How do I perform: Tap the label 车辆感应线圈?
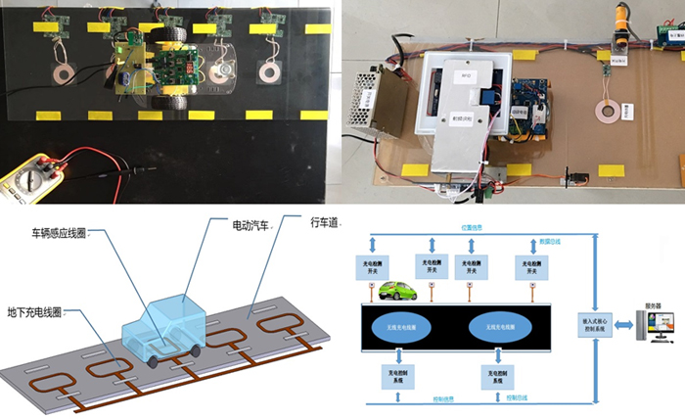pyautogui.click(x=60, y=234)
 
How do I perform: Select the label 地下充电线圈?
pyautogui.click(x=34, y=285)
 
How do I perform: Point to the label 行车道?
pyautogui.click(x=324, y=223)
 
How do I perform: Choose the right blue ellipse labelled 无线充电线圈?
pyautogui.click(x=505, y=328)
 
